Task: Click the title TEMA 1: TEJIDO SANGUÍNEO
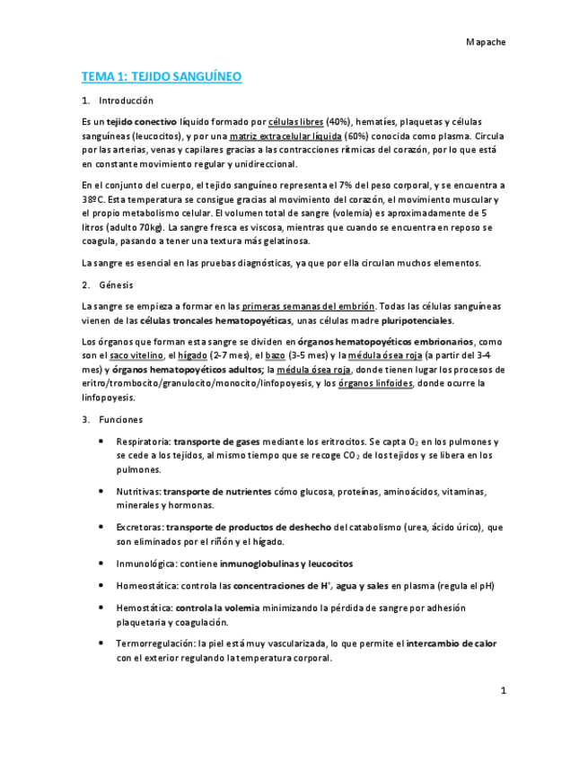click(x=162, y=77)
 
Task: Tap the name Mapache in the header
click(x=486, y=42)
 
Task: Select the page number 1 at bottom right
click(x=504, y=690)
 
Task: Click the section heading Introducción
click(x=126, y=101)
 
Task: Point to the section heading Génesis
click(x=117, y=284)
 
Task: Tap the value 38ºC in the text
click(x=92, y=199)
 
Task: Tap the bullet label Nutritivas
click(x=137, y=492)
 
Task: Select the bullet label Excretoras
click(x=139, y=528)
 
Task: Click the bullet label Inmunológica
click(x=145, y=564)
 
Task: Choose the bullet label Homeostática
click(x=146, y=586)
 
